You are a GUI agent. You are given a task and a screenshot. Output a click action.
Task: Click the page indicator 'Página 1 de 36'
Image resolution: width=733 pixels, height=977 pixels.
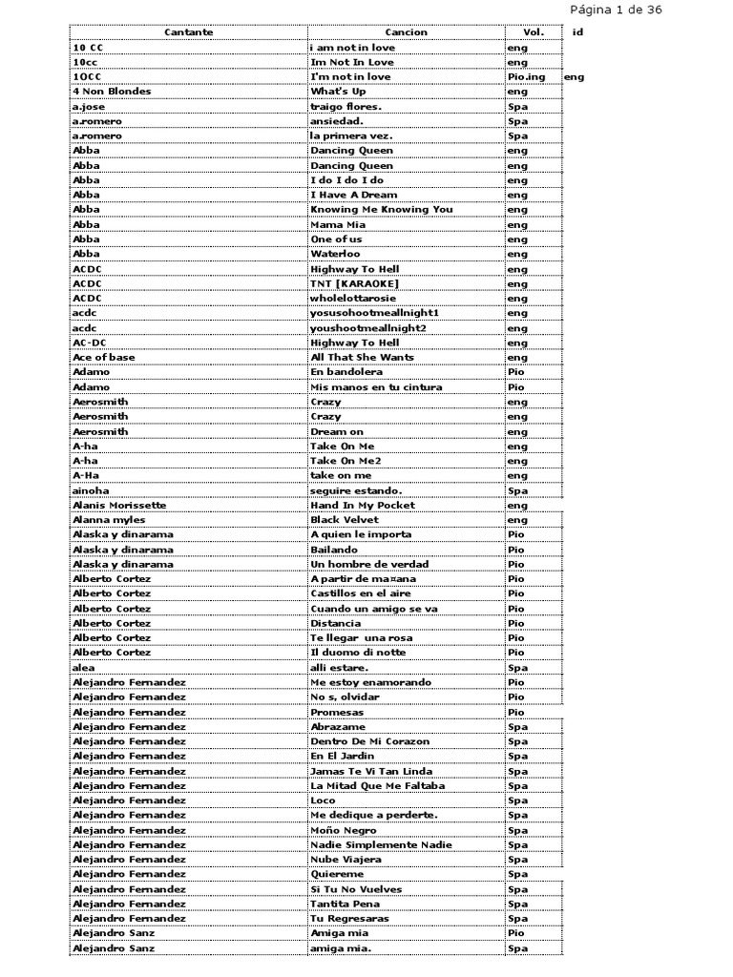pyautogui.click(x=615, y=10)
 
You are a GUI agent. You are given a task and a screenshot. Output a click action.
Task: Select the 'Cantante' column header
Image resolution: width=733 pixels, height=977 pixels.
pyautogui.click(x=188, y=32)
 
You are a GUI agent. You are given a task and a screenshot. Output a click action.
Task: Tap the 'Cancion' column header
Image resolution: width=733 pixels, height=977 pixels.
pyautogui.click(x=407, y=32)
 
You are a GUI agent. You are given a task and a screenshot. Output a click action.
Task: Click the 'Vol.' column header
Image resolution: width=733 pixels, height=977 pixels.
pyautogui.click(x=534, y=32)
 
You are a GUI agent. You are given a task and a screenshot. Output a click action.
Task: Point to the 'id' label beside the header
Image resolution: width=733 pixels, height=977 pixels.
pyautogui.click(x=577, y=32)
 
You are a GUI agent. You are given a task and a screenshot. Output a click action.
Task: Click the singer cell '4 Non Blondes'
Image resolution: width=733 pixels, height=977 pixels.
pyautogui.click(x=112, y=92)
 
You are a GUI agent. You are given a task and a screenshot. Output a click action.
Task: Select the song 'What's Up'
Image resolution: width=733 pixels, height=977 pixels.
pyautogui.click(x=338, y=92)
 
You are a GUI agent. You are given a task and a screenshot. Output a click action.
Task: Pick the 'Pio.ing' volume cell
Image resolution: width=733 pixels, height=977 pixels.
pyautogui.click(x=527, y=77)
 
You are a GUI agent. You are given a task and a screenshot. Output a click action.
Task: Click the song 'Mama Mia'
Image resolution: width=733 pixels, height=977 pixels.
pyautogui.click(x=338, y=224)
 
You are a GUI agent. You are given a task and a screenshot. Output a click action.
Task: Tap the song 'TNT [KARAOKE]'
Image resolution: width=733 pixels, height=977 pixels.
pyautogui.click(x=354, y=283)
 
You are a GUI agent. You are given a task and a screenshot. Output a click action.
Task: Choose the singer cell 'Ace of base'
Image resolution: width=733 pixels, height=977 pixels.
pyautogui.click(x=104, y=357)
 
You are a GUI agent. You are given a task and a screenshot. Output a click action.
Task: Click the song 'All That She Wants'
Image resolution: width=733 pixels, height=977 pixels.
pyautogui.click(x=362, y=357)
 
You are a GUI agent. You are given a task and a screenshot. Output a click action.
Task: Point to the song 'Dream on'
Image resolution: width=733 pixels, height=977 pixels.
pyautogui.click(x=337, y=431)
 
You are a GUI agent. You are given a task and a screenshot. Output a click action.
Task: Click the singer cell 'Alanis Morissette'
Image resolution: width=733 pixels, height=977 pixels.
pyautogui.click(x=119, y=505)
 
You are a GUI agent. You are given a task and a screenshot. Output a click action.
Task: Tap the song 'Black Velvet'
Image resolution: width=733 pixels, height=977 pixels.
pyautogui.click(x=345, y=520)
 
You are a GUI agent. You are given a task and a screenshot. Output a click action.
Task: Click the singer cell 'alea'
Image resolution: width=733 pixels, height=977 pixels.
pyautogui.click(x=83, y=668)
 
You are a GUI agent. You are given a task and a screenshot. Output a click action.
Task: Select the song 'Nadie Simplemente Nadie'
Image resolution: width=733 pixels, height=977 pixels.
pyautogui.click(x=379, y=844)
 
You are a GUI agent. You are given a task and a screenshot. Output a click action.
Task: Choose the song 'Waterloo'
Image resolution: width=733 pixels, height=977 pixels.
pyautogui.click(x=335, y=254)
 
